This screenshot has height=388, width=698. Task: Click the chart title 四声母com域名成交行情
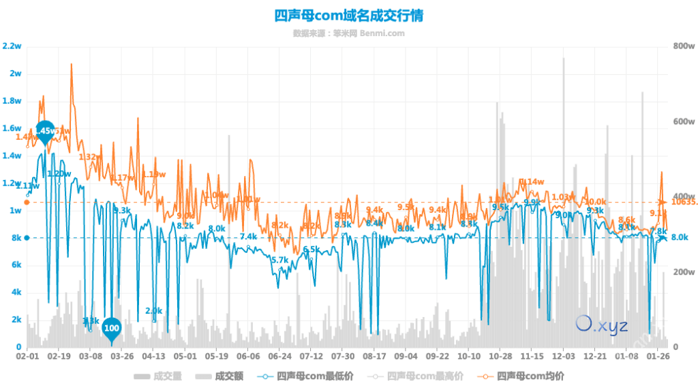(348, 15)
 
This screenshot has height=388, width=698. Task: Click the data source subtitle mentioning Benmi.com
(348, 33)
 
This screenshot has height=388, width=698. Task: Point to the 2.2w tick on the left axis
(12, 46)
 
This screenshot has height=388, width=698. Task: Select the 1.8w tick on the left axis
(12, 101)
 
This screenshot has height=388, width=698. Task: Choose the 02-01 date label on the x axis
(27, 356)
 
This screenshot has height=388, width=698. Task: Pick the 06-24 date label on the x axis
(280, 356)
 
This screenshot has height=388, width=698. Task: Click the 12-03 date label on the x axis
(564, 356)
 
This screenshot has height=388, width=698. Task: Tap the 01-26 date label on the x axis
(658, 356)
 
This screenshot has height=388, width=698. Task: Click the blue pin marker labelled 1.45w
(45, 130)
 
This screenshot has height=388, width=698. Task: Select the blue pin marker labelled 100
(112, 329)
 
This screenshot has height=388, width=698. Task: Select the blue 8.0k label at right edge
(679, 237)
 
